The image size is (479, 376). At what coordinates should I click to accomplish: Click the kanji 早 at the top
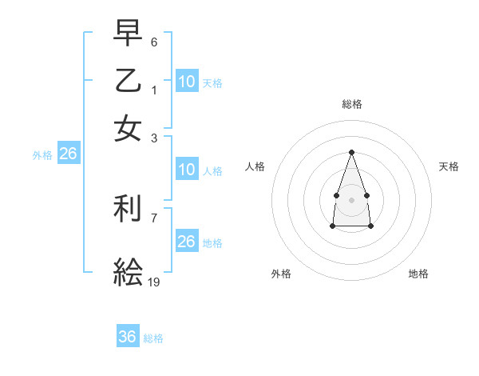click(128, 34)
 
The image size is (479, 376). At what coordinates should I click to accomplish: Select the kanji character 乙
click(128, 81)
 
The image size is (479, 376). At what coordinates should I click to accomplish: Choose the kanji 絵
click(128, 273)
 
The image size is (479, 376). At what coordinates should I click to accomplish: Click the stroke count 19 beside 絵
click(154, 282)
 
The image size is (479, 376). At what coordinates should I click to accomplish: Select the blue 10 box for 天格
click(186, 81)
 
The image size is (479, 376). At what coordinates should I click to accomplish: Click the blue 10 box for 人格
click(186, 170)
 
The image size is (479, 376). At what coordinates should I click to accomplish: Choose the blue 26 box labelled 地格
click(186, 242)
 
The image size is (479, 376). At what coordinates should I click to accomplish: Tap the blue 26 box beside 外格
click(68, 154)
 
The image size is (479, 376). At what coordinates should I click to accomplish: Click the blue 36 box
click(128, 337)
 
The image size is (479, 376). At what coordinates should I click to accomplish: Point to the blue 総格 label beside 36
click(153, 338)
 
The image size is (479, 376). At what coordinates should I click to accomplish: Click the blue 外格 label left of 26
click(42, 155)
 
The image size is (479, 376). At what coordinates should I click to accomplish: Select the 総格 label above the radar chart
click(351, 104)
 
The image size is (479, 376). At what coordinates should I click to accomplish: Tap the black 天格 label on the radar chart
click(449, 166)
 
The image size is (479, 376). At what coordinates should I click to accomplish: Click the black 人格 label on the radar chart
click(255, 166)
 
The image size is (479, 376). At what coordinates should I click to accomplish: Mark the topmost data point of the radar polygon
click(351, 152)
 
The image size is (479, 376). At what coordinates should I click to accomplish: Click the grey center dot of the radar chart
click(351, 199)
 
